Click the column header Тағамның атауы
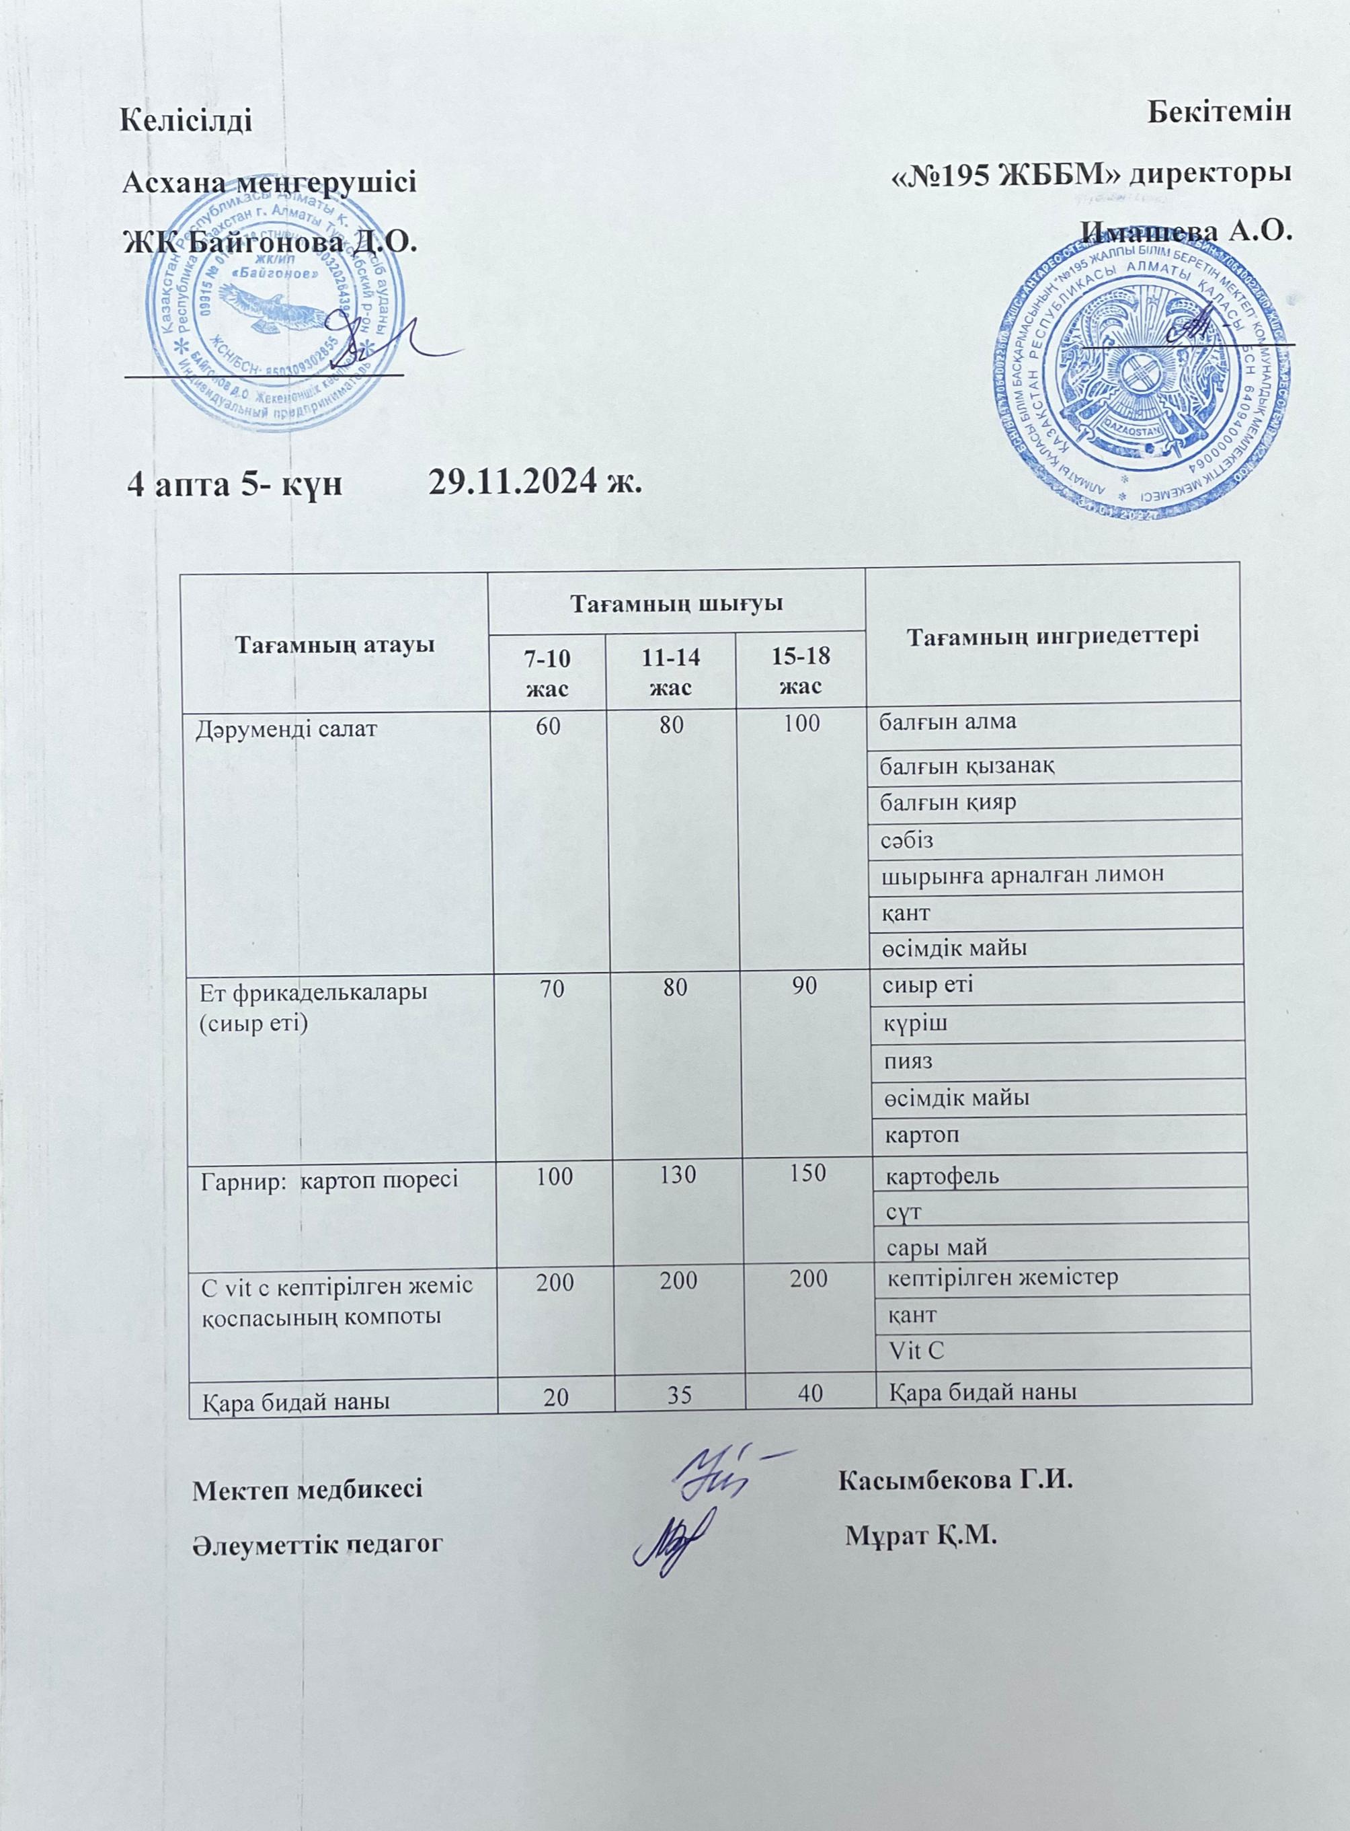pos(333,643)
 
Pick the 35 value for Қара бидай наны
pos(676,1397)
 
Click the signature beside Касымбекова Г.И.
pos(723,1474)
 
